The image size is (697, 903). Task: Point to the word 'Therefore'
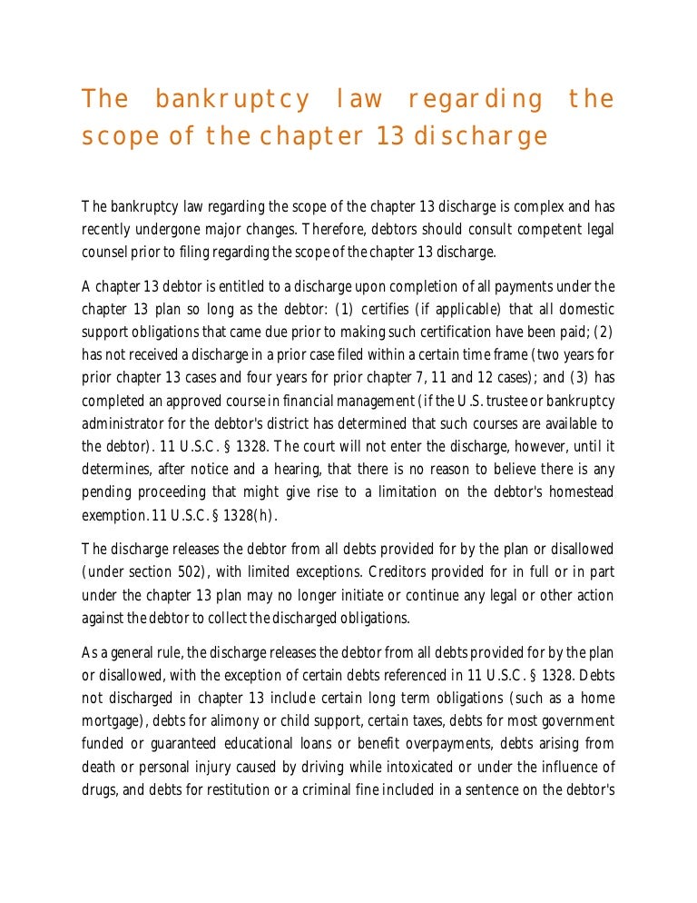(x=335, y=228)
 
